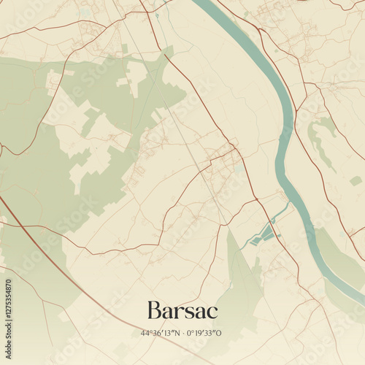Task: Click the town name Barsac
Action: coord(182,310)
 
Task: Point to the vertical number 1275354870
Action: coord(8,310)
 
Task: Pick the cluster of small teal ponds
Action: coord(261,235)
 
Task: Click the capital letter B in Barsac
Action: coord(154,310)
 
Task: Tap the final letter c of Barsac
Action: coord(212,312)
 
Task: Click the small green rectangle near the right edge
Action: coord(356,180)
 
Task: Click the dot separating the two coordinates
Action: coord(182,333)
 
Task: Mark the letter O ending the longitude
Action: coord(220,333)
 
